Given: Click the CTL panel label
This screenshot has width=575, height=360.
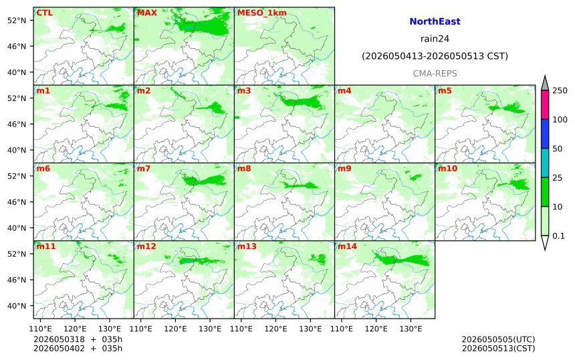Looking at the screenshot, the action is [44, 13].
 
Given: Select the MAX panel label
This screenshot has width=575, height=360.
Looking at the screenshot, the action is [146, 13].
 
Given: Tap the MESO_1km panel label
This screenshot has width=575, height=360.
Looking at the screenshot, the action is [262, 13].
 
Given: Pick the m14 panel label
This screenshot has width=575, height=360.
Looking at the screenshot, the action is [347, 246].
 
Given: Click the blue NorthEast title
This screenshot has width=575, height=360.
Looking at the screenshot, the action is [435, 21].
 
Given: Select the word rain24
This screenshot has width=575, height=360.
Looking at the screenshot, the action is [435, 39].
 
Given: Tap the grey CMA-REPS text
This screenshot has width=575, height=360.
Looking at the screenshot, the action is [435, 74].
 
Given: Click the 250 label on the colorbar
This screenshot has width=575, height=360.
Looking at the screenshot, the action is [560, 90].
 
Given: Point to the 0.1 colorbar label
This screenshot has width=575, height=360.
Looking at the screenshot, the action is [558, 236].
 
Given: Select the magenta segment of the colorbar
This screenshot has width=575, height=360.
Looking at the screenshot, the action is [545, 104].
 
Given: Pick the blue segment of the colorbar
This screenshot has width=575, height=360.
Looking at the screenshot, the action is [545, 134].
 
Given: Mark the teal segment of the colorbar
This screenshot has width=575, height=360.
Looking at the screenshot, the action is [545, 163].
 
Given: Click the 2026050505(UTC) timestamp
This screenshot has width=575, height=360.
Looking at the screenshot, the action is [498, 339].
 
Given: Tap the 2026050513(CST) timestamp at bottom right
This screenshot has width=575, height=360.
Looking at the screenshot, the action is [498, 349].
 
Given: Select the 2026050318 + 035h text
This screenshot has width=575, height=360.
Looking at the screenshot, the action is [78, 339].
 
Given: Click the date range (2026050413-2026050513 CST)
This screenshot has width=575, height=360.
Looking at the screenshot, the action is [435, 56].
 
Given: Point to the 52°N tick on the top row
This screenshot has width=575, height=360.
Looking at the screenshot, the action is [17, 20].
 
